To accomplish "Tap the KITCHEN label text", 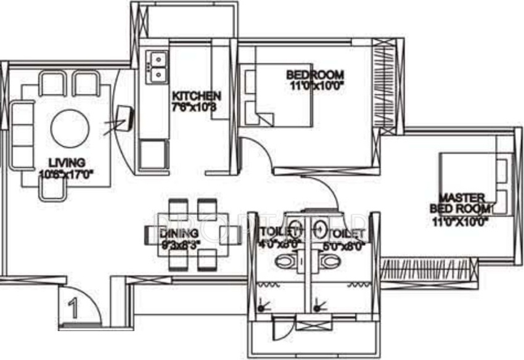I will pos(196,96).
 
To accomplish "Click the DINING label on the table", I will pos(179,234).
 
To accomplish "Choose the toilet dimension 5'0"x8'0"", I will pos(346,245).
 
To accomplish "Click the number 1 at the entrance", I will pos(73,308).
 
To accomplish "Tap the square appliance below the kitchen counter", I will pos(154,155).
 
